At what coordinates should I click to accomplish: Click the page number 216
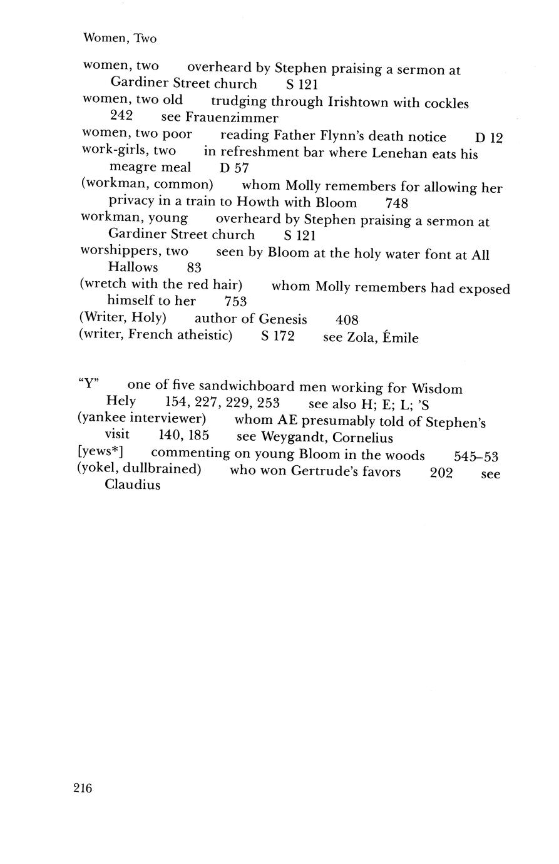(83, 788)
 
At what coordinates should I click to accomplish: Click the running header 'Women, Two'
(120, 39)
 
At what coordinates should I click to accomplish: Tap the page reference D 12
(489, 138)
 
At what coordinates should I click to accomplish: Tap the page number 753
(236, 302)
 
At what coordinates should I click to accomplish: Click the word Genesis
(283, 319)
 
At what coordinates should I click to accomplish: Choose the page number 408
(347, 320)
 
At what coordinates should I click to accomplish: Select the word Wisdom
(437, 389)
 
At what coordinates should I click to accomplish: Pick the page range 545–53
(476, 456)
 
